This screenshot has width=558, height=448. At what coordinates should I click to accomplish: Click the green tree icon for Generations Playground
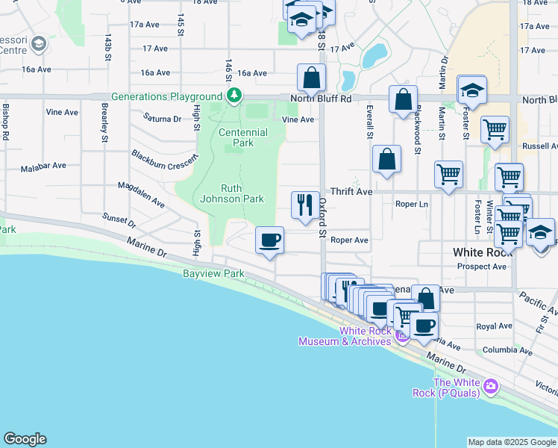pyautogui.click(x=234, y=96)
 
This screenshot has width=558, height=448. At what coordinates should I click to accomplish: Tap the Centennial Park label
pyautogui.click(x=243, y=137)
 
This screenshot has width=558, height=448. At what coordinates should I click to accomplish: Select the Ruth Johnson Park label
pyautogui.click(x=232, y=194)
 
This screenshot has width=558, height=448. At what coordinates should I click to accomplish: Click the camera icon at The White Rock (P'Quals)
pyautogui.click(x=490, y=386)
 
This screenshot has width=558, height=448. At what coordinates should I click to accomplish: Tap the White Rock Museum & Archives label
pyautogui.click(x=345, y=336)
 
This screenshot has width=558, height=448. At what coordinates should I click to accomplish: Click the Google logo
pyautogui.click(x=25, y=439)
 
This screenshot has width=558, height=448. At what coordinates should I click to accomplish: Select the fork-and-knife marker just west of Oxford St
pyautogui.click(x=304, y=204)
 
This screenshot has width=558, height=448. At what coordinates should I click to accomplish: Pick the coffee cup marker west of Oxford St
pyautogui.click(x=269, y=240)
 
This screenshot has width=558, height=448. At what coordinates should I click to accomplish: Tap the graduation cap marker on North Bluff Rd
pyautogui.click(x=471, y=90)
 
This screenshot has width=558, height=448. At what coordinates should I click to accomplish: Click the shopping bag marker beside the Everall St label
pyautogui.click(x=386, y=159)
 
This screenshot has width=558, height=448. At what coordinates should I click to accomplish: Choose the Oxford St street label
pyautogui.click(x=323, y=217)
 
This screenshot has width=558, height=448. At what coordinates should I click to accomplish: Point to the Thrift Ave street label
pyautogui.click(x=351, y=192)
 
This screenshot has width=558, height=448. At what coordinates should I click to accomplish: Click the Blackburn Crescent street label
pyautogui.click(x=166, y=158)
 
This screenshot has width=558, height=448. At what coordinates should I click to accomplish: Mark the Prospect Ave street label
pyautogui.click(x=481, y=267)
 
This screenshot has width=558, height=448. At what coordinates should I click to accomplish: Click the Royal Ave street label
pyautogui.click(x=494, y=326)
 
